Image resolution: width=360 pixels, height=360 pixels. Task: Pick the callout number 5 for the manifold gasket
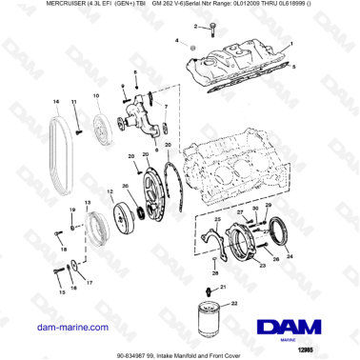pyautogui.click(x=294, y=67)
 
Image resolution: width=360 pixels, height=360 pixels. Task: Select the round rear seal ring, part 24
pyautogui.click(x=285, y=232)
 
